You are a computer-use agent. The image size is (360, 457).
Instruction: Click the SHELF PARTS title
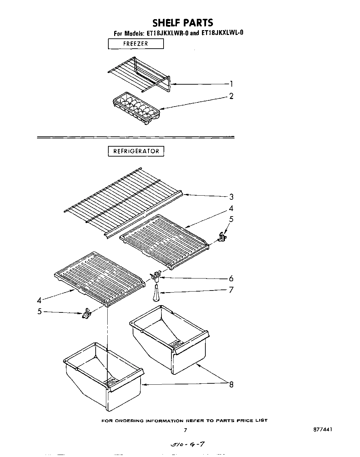click(182, 23)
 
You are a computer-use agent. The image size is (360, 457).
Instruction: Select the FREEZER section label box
click(136, 44)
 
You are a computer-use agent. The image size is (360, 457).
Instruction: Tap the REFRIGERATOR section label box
click(136, 151)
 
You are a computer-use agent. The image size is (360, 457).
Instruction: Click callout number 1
click(232, 84)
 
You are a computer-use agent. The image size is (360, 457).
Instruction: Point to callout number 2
click(231, 96)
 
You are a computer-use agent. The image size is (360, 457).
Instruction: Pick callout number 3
click(232, 197)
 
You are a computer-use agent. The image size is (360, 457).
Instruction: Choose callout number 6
click(231, 279)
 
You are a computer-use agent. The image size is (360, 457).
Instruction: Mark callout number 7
click(231, 290)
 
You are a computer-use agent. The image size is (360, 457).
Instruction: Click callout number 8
click(231, 385)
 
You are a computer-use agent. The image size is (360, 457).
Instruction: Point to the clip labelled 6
click(157, 275)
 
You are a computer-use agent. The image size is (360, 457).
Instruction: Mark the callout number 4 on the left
click(39, 300)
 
